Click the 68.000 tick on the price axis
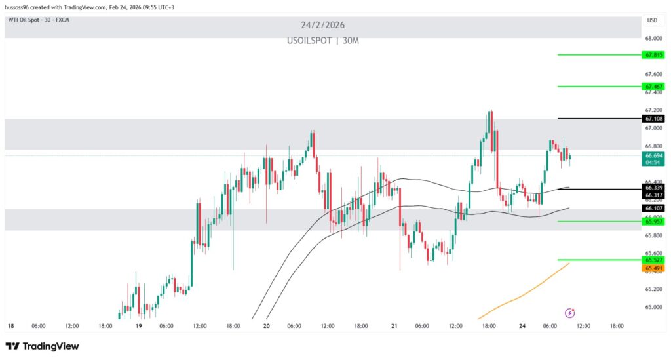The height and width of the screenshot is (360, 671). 653,38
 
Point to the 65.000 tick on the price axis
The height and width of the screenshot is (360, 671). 653,307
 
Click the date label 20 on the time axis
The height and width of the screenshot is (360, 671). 266,325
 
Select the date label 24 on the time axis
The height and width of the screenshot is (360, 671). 522,325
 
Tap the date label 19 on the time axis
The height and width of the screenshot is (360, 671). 138,325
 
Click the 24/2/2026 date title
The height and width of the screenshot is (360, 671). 322,26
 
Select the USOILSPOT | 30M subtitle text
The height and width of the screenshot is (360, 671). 322,41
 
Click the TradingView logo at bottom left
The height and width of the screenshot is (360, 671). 42,346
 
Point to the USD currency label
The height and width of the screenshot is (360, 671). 652,20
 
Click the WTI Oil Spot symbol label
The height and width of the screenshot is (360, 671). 39,20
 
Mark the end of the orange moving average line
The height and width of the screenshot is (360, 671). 569,263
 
